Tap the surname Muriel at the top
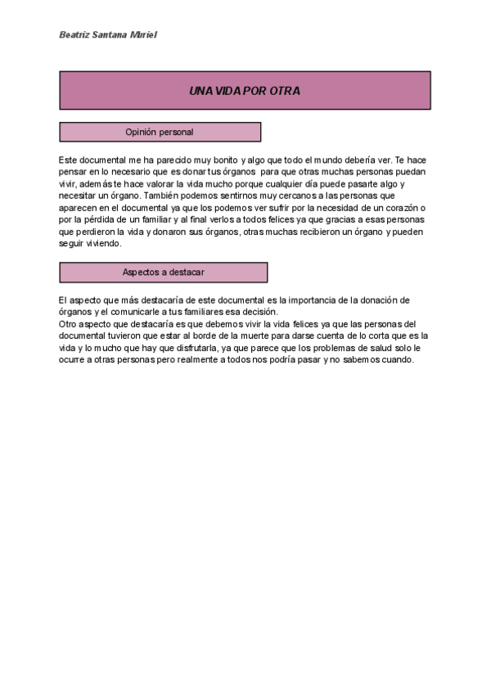click(x=144, y=35)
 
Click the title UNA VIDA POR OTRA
click(x=245, y=91)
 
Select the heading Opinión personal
click(x=160, y=132)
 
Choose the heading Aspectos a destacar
click(x=163, y=273)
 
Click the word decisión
click(x=259, y=312)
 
